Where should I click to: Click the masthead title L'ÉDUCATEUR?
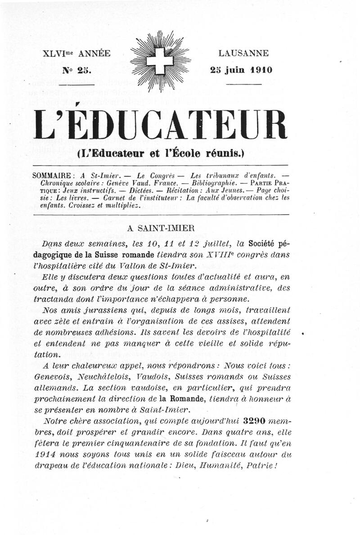point(161,125)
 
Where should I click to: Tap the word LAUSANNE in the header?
point(243,54)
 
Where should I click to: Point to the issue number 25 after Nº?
point(84,70)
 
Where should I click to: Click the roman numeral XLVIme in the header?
point(58,54)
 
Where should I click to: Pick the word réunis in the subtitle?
point(220,153)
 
